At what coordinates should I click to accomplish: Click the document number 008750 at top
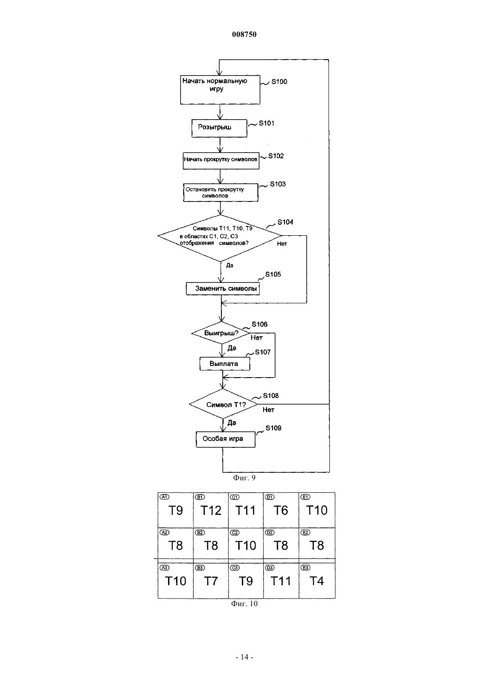coord(244,34)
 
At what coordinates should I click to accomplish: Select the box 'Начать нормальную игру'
coord(220,89)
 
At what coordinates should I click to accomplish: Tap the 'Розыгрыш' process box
coord(219,128)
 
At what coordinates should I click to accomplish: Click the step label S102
coord(276,156)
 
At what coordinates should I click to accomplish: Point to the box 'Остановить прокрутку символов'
coord(220,193)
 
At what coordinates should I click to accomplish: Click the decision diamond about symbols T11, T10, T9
coord(220,238)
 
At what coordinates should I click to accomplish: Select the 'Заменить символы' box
coord(223,289)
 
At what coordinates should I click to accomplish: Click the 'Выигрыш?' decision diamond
coord(220,333)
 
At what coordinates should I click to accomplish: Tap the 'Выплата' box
coord(225,364)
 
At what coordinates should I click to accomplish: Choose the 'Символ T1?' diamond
coord(223,404)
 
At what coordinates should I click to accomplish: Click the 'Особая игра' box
coord(226,439)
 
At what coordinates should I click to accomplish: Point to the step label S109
coord(273,428)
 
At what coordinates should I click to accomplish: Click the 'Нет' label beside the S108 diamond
coord(268,410)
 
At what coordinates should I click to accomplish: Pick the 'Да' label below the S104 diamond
coord(230,266)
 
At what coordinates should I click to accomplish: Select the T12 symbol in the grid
coord(211,511)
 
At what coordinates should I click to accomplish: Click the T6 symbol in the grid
coord(281,511)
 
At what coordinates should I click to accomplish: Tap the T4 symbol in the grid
coord(317,581)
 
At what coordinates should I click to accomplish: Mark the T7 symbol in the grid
coord(211,581)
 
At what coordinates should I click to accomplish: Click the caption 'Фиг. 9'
coord(244,478)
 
